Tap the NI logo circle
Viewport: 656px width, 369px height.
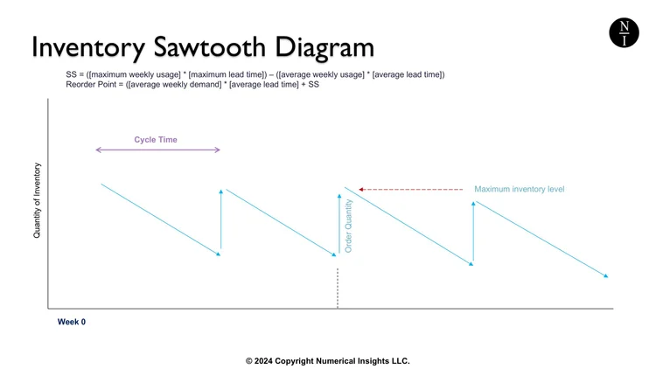click(624, 33)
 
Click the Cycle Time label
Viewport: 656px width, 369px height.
click(156, 139)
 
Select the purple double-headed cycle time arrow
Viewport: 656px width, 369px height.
click(157, 150)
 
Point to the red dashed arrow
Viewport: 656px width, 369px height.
click(410, 189)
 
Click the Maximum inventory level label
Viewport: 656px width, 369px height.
click(520, 189)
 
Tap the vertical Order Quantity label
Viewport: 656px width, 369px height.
click(349, 226)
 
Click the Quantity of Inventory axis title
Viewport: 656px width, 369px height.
click(38, 200)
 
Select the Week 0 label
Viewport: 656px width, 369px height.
click(72, 322)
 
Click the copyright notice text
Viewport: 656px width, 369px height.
click(327, 360)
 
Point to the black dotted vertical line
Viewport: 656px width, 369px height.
click(338, 289)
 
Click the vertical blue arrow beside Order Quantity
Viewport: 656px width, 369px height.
click(338, 223)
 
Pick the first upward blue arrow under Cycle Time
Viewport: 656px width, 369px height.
click(221, 219)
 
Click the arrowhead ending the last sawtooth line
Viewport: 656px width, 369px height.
click(604, 276)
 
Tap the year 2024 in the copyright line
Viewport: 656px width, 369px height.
click(266, 360)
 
